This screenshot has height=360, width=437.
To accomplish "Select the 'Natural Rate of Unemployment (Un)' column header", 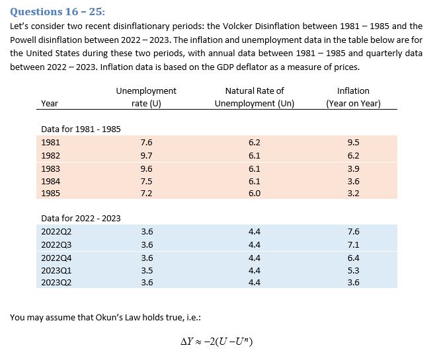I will [254, 97].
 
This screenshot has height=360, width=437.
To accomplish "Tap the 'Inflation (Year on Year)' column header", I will [353, 97].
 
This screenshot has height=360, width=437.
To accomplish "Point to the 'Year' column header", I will [49, 103].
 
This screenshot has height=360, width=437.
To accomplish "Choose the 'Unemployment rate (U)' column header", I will [146, 97].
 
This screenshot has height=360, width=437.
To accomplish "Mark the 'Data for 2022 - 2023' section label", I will [81, 218].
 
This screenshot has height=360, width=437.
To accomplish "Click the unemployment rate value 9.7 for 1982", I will [147, 156].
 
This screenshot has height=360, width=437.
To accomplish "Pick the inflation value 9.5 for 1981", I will [353, 142].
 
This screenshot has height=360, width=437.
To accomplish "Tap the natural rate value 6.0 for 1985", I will [254, 194].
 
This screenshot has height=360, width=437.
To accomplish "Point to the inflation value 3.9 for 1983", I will [353, 168].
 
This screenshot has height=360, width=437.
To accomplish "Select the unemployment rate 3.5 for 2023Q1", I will [147, 270].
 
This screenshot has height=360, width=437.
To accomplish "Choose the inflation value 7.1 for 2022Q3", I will [353, 244].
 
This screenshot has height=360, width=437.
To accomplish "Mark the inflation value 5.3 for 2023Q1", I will [353, 270].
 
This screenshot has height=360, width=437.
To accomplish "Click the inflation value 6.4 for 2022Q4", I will [353, 258].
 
